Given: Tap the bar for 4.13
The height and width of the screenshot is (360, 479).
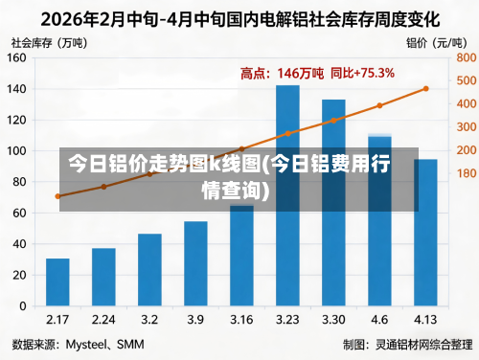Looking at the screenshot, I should [425, 234].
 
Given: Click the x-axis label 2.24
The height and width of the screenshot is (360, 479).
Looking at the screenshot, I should [103, 319].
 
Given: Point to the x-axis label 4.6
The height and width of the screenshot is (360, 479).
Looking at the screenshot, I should [379, 319].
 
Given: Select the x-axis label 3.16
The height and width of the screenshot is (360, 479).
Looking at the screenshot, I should [241, 319].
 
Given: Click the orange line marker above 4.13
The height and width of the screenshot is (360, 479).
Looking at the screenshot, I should [425, 89].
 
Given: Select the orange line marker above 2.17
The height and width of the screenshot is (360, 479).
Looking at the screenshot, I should [57, 196].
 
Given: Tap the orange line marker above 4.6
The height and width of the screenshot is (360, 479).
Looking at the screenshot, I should [379, 105].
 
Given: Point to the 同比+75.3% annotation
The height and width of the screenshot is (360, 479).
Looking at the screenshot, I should [362, 73].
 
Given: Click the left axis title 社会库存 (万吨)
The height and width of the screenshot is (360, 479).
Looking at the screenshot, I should [47, 42].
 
